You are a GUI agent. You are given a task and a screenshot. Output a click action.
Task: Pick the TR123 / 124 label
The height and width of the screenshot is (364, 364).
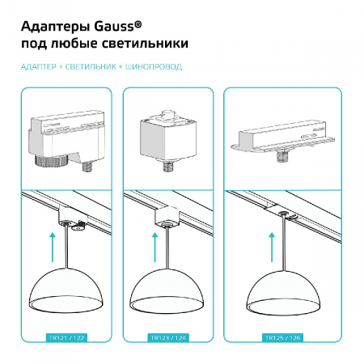coord(167,336)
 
